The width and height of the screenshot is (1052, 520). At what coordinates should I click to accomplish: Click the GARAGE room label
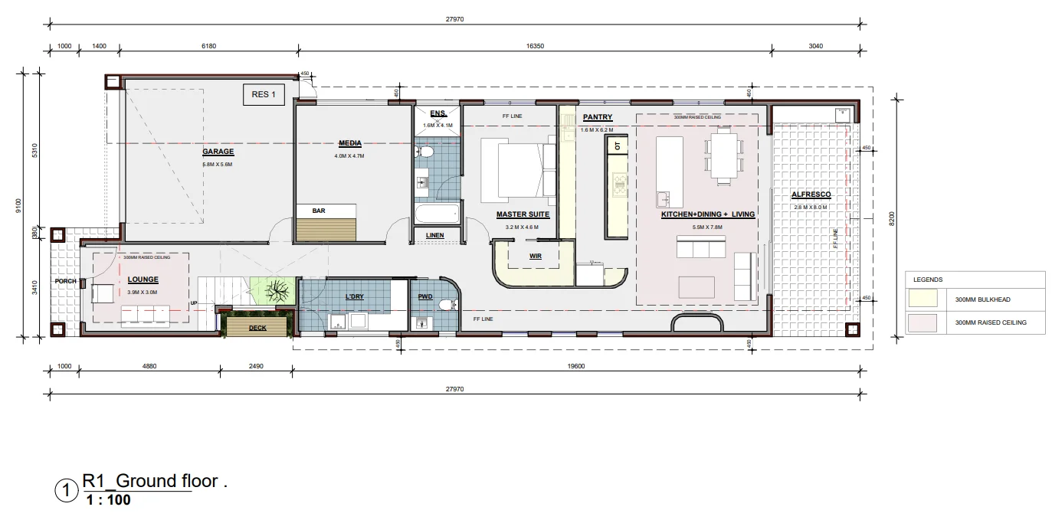(218, 152)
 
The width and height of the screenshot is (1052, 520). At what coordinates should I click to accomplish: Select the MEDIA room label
(349, 143)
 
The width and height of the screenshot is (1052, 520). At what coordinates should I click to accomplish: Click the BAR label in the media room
(319, 211)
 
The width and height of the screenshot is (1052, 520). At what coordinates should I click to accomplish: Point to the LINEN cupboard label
(434, 235)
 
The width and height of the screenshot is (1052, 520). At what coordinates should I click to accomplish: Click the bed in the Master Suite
(518, 168)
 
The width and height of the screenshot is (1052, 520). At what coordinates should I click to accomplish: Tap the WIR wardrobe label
(535, 256)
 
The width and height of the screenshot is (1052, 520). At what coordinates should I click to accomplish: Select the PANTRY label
(597, 117)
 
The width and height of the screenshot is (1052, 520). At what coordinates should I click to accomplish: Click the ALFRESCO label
(811, 195)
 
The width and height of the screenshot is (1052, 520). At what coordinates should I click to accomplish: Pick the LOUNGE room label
(143, 280)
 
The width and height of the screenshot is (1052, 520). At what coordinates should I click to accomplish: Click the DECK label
(257, 328)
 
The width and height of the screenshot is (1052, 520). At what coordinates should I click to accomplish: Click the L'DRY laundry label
(354, 296)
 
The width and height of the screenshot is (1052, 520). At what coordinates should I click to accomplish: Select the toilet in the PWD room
(444, 305)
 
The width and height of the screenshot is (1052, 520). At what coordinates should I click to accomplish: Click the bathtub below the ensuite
(436, 213)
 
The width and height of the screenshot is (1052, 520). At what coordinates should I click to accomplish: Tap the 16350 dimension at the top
(535, 46)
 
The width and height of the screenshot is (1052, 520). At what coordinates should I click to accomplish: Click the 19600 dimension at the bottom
(576, 366)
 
